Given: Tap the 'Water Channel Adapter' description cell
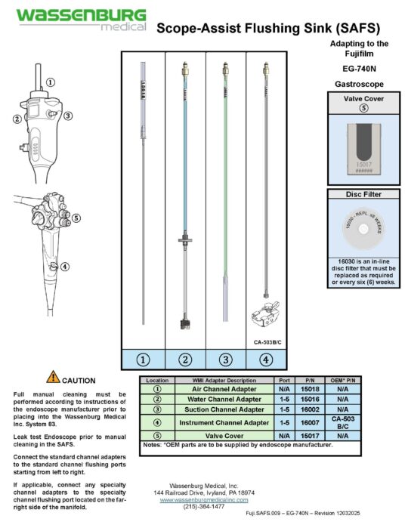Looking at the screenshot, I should pos(222,398).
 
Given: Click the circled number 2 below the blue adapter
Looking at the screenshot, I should pos(185,359).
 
